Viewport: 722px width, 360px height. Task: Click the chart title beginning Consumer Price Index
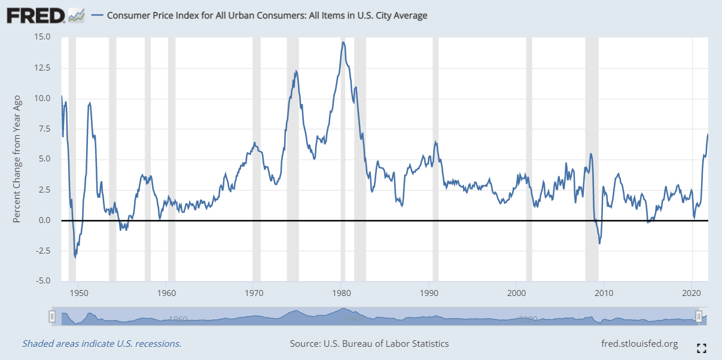tap(267, 16)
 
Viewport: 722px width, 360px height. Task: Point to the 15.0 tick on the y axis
tap(42, 37)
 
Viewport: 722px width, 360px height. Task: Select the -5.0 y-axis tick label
tap(42, 281)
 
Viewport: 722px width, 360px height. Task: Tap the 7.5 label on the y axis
tap(45, 129)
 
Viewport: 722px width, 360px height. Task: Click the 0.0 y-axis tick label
tap(45, 220)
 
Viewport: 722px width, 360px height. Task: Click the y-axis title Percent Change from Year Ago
tap(17, 159)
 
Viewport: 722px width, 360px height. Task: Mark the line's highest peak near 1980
tap(343, 42)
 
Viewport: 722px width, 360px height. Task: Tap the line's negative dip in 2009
tap(599, 243)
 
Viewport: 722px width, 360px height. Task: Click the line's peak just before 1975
tap(295, 71)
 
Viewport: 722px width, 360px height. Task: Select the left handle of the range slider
tap(53, 316)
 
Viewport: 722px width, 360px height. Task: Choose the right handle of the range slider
tap(699, 316)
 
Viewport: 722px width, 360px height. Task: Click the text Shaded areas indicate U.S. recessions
tap(102, 344)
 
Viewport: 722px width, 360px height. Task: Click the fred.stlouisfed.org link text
tap(639, 344)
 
